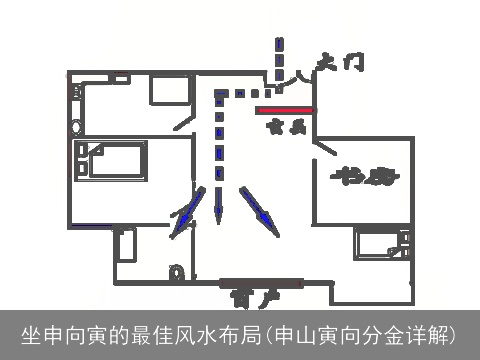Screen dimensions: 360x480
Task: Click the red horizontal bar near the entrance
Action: [x=285, y=110]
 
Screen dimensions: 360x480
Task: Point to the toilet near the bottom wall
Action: [x=177, y=271]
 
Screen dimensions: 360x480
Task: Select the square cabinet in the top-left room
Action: [x=171, y=91]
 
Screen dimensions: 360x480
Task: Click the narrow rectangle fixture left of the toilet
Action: [x=125, y=245]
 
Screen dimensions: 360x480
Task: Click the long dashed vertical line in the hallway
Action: [x=217, y=140]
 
